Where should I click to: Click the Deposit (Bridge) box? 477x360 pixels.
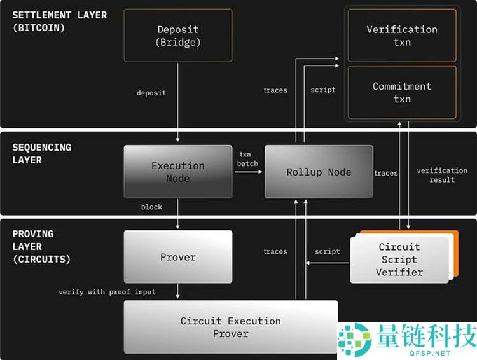178,36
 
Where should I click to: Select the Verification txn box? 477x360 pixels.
402,36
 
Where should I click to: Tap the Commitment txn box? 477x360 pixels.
402,92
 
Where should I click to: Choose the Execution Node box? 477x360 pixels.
178,172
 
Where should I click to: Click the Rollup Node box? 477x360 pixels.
319,172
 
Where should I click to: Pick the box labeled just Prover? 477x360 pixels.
178,257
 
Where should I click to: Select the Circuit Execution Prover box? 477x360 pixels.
230,327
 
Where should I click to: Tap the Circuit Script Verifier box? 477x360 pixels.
400,260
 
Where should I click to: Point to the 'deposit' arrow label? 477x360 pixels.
151,93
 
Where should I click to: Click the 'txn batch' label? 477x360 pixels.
248,159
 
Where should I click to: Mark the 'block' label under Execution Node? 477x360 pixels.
151,207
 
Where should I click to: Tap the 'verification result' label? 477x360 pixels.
442,175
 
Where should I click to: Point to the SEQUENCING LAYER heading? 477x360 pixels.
42,153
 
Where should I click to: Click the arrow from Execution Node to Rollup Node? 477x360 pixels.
248,172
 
